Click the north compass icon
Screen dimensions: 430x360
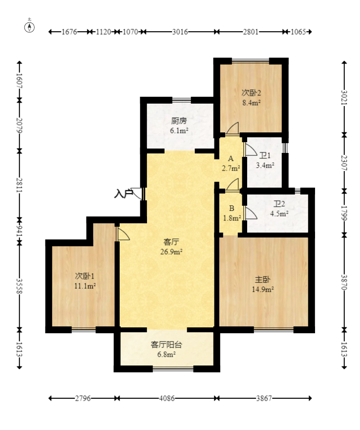tap(30, 27)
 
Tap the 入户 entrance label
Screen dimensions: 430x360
tap(124, 194)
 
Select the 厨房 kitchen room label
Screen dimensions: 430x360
tap(179, 121)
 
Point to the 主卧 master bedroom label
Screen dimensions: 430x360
tap(262, 280)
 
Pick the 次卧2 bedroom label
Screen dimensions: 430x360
tap(251, 92)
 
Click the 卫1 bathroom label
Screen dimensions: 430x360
tap(265, 156)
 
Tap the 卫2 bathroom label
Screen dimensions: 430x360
tap(279, 204)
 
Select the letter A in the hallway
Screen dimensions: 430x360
tap(231, 159)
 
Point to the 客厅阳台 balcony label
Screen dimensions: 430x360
tap(167, 344)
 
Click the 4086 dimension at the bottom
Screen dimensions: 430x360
tap(167, 399)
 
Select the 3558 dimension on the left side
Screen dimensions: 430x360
tap(20, 286)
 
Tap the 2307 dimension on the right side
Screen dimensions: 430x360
tap(344, 162)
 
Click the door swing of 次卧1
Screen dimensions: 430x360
tap(123, 233)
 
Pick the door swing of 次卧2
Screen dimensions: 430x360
tap(232, 129)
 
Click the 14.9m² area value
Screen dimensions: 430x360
tap(262, 289)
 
